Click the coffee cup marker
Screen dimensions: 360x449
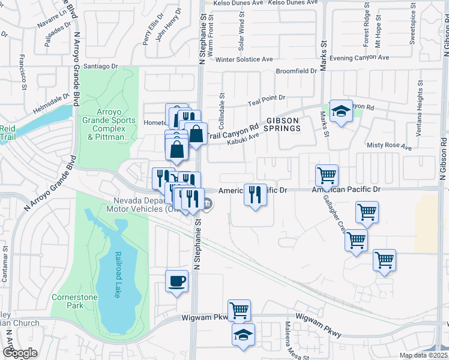[176, 281]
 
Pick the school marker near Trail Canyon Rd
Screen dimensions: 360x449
[341, 111]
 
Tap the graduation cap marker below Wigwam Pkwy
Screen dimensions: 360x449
[243, 335]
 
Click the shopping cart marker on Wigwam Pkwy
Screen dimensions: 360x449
[239, 311]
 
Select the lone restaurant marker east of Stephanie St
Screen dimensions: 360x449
[256, 195]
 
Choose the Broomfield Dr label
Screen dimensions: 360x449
[296, 71]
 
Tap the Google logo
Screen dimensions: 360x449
[20, 353]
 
